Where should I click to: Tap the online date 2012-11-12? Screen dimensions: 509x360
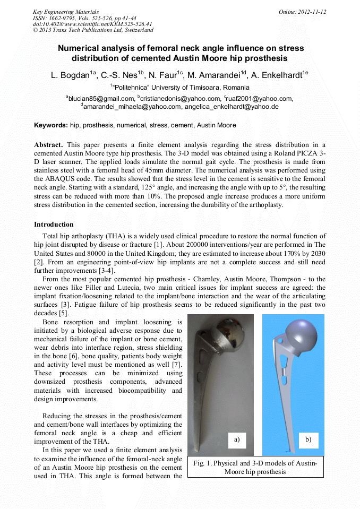(x=303, y=12)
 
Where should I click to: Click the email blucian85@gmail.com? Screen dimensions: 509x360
(x=101, y=98)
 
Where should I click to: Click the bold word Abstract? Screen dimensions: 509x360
(x=49, y=144)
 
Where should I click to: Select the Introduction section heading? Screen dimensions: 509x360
(x=54, y=225)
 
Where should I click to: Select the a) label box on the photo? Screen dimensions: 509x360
(x=237, y=439)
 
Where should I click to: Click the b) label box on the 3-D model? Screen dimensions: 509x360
(x=308, y=439)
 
